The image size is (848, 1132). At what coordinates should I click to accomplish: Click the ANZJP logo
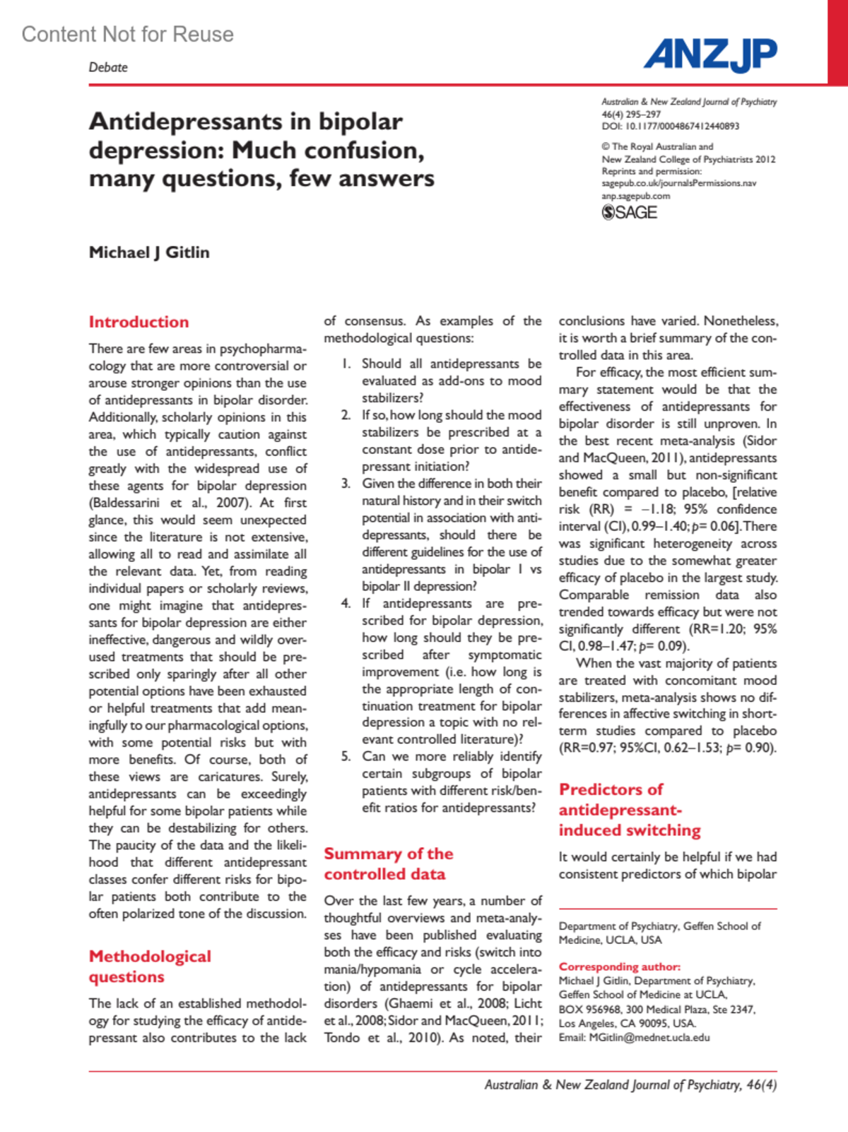click(x=709, y=54)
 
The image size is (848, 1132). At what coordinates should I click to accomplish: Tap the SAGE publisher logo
click(x=629, y=212)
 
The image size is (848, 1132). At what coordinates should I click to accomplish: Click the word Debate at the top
click(x=108, y=67)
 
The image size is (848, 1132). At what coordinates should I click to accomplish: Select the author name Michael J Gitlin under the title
click(x=149, y=252)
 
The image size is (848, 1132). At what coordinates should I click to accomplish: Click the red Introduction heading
click(x=139, y=322)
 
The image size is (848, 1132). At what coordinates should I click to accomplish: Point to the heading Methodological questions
click(x=150, y=967)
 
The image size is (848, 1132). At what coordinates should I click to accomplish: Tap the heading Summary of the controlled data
click(x=388, y=864)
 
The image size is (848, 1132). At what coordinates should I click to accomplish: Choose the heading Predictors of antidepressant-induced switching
click(x=629, y=810)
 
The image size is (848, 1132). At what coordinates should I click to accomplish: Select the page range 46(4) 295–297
click(x=631, y=115)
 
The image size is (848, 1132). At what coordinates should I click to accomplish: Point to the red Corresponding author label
click(x=619, y=967)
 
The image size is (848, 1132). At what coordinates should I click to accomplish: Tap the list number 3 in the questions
click(x=346, y=484)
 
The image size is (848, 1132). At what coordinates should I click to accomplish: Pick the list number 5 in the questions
click(x=346, y=757)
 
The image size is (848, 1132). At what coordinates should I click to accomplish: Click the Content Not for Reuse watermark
click(x=127, y=34)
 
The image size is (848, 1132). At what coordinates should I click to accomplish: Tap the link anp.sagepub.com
click(x=635, y=196)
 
